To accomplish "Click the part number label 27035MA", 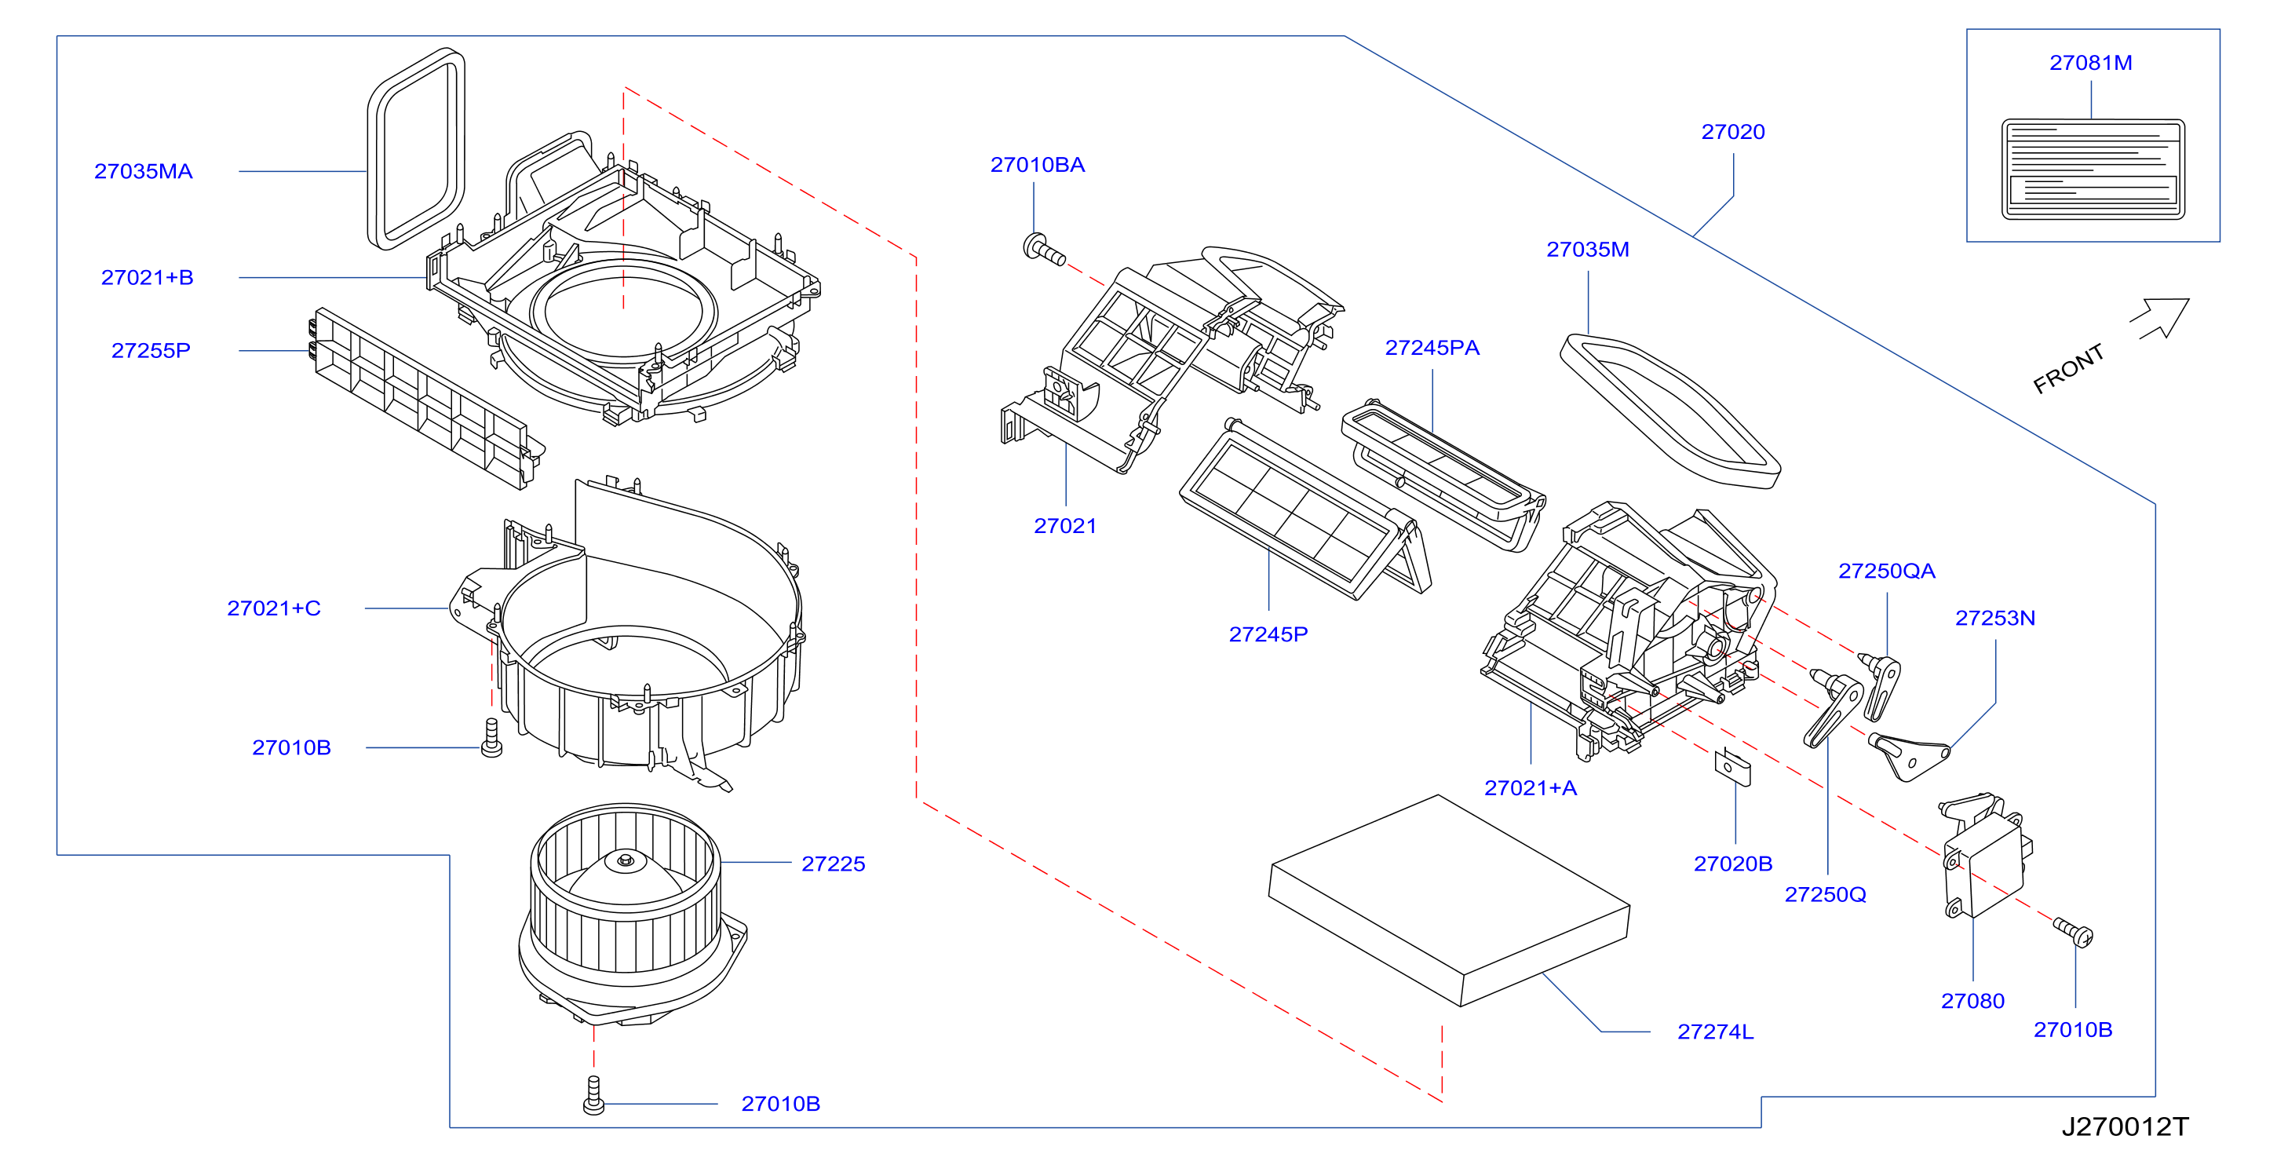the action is (x=143, y=171).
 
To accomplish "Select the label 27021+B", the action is (x=148, y=278).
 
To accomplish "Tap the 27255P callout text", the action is (x=151, y=351).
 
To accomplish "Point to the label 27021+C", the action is (x=274, y=608).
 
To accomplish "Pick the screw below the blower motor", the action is (x=594, y=1095).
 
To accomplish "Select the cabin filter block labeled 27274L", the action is (x=1449, y=900).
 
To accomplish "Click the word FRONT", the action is (x=2068, y=369).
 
